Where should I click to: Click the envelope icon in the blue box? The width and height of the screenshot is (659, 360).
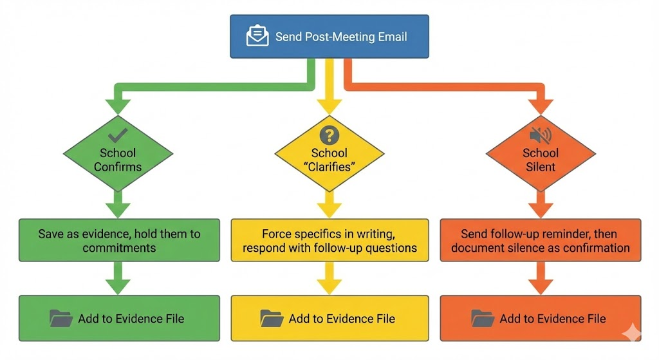257,36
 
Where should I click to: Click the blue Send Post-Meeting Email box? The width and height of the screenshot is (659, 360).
329,37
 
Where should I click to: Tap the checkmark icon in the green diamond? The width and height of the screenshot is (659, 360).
118,135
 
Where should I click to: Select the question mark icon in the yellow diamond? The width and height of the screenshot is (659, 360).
329,135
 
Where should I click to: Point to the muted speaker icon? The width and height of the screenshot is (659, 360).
540,135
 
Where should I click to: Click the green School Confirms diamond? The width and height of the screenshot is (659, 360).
118,153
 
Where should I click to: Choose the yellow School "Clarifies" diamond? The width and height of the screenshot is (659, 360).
329,154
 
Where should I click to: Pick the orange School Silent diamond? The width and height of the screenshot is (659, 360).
540,154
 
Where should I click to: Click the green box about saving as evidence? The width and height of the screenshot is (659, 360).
119,240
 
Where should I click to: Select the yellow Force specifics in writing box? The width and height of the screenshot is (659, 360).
329,240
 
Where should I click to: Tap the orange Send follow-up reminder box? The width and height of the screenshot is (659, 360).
540,240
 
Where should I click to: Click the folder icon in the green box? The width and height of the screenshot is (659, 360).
61,318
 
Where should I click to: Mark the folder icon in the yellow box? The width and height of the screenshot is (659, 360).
272,318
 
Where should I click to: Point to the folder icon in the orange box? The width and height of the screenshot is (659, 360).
483,318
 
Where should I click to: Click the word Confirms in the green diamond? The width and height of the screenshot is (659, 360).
118,167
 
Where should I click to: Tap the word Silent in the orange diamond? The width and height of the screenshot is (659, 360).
540,167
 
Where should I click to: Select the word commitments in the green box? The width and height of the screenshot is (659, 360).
119,248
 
